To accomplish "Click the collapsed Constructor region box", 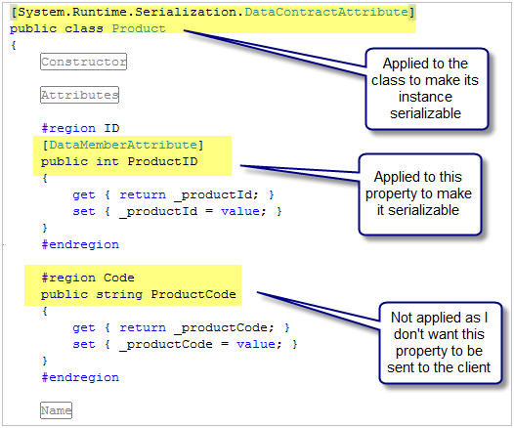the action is click(83, 62).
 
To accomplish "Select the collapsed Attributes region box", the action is click(79, 95).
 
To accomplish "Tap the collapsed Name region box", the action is click(56, 410).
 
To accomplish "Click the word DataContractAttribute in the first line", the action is click(326, 12).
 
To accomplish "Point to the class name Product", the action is click(139, 28).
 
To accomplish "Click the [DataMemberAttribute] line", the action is click(122, 145).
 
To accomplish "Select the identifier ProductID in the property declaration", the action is click(162, 161).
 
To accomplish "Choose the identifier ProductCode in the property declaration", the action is click(193, 294).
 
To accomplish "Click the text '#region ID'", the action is click(80, 128).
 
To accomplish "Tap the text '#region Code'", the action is click(88, 278).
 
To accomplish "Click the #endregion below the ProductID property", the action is click(80, 244).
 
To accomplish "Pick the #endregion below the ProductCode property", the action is click(80, 377).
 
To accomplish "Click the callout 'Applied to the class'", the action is click(427, 89).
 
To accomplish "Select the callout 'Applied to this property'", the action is click(419, 194).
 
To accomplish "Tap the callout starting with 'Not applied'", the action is click(441, 343).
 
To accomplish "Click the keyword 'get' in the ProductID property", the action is click(84, 195).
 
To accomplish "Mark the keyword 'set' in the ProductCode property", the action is click(84, 344).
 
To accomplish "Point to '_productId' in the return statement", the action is click(213, 195).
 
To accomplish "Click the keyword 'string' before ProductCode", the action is click(119, 294).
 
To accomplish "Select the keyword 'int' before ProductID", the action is click(107, 161).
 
